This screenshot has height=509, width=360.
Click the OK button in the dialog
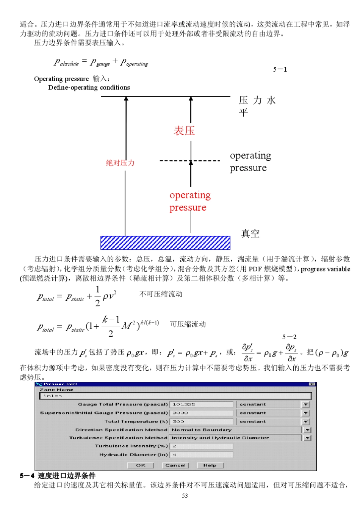point(141,465)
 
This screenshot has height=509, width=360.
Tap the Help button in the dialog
point(210,465)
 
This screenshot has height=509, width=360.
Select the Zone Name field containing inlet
point(175,396)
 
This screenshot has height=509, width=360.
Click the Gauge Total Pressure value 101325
point(201,404)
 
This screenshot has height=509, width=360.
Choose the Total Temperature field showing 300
point(201,421)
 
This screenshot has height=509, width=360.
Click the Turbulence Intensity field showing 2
point(201,446)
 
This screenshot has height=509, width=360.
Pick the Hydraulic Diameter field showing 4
point(201,454)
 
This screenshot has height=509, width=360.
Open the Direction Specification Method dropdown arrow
point(307,430)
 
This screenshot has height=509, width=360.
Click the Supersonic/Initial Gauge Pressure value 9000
point(201,413)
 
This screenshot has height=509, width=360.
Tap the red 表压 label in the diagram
point(184,131)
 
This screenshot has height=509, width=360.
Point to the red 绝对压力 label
point(120,163)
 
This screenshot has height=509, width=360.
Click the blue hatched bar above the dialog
point(165,243)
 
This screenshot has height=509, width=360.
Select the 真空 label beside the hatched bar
point(250,233)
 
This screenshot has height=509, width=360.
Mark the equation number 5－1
point(280,69)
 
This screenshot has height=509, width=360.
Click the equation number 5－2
point(290,337)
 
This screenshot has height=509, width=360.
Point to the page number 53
point(185,496)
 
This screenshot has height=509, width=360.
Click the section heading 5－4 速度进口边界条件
point(58,476)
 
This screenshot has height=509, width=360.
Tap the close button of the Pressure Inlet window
point(312,384)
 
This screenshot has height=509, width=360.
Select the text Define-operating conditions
point(89,88)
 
